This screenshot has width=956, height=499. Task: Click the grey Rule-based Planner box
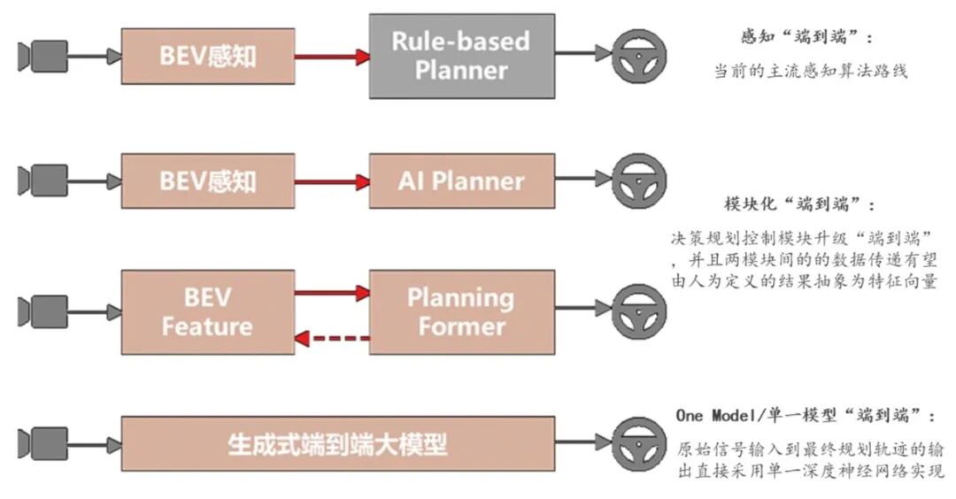click(461, 55)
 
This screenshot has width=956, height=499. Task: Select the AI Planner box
click(461, 181)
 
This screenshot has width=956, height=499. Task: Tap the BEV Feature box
click(207, 311)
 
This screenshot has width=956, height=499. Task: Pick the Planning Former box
click(461, 311)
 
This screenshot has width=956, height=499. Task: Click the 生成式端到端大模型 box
click(337, 443)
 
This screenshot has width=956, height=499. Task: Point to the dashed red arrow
click(332, 337)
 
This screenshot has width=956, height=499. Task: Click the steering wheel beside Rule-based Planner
click(635, 55)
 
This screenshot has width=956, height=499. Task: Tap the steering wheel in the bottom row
click(635, 441)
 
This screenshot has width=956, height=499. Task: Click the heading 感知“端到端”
click(806, 37)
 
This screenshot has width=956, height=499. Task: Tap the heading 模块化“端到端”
click(798, 204)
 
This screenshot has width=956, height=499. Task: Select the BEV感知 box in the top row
click(207, 57)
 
